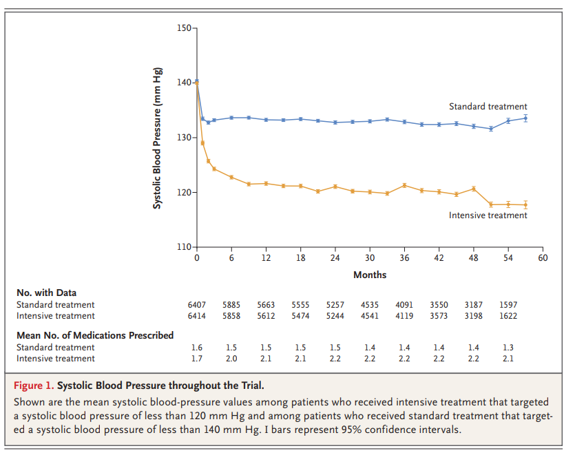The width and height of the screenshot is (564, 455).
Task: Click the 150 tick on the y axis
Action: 195,28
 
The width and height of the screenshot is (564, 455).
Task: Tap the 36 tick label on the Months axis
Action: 404,257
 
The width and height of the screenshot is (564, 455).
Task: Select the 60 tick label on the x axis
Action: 543,257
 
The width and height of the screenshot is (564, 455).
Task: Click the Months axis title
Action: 370,275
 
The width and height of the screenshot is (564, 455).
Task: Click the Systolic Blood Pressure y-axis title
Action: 157,138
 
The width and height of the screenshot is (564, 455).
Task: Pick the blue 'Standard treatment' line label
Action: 488,107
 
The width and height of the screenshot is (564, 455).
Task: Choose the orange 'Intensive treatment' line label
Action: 488,215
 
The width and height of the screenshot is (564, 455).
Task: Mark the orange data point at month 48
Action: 474,189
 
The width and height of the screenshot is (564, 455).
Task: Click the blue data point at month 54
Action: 508,120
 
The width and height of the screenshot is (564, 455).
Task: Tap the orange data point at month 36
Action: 404,185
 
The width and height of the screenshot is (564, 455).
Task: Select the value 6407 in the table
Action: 197,304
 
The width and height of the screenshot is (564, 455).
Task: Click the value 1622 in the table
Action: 508,316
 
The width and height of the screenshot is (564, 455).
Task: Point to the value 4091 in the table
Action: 404,304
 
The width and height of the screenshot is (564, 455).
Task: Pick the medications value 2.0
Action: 231,359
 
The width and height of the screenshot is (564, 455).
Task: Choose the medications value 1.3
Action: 508,347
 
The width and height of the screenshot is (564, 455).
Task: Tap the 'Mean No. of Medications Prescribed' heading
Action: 95,335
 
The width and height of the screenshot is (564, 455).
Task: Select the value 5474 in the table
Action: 300,316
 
